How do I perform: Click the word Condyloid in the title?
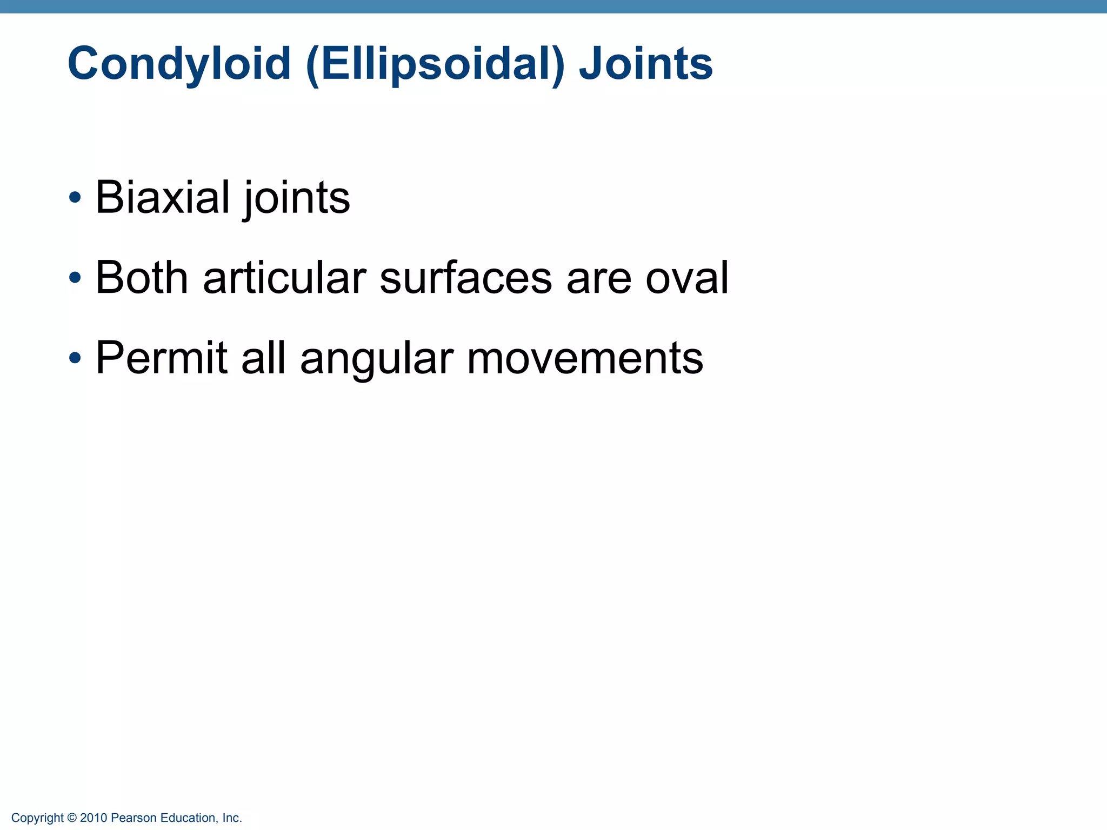click(x=179, y=64)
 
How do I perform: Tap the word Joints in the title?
click(x=645, y=64)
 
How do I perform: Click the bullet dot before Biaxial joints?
click(x=75, y=198)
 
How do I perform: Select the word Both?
click(x=142, y=278)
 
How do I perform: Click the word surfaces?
click(x=466, y=278)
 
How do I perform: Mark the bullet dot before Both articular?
click(x=75, y=278)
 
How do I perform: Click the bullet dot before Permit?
click(x=75, y=358)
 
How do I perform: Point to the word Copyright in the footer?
click(x=37, y=818)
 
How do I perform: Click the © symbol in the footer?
click(x=72, y=818)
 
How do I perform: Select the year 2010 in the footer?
click(x=94, y=818)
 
